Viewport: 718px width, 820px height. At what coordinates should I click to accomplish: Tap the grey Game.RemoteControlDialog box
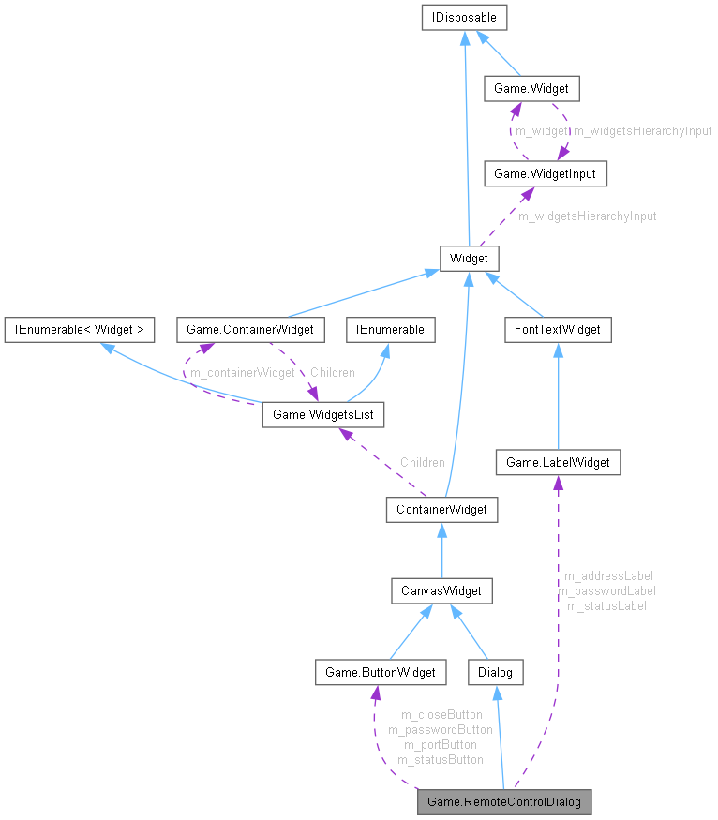tap(504, 802)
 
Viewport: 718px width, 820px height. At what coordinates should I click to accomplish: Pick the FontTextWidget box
tap(558, 330)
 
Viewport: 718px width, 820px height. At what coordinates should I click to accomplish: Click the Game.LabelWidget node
tap(558, 462)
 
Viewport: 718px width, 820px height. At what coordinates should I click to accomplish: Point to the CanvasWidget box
tap(441, 591)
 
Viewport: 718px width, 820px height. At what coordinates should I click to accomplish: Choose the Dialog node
tap(495, 672)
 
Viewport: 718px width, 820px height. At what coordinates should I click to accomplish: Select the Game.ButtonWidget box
tap(380, 672)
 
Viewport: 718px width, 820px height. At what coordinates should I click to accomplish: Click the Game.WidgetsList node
tap(322, 413)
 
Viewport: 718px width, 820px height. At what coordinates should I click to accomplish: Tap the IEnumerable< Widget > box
tap(79, 330)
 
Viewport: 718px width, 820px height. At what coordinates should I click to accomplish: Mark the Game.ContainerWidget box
tap(250, 330)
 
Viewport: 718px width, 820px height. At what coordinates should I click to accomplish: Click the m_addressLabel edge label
tap(607, 575)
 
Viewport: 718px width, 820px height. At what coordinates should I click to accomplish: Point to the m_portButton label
tap(440, 744)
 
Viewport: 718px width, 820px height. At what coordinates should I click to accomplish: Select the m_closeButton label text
tap(441, 714)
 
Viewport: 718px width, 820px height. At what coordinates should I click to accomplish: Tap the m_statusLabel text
tap(606, 605)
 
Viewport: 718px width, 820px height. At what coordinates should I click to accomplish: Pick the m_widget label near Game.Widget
tap(541, 131)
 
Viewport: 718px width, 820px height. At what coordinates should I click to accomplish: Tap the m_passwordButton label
tap(440, 729)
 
